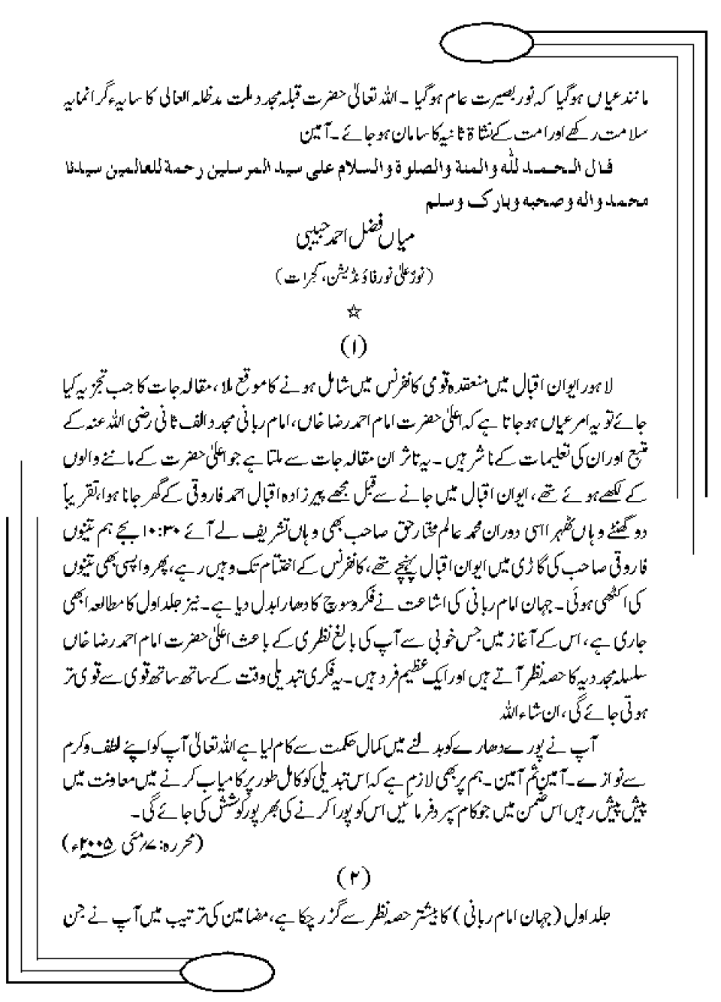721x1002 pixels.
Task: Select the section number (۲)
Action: coord(351,877)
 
